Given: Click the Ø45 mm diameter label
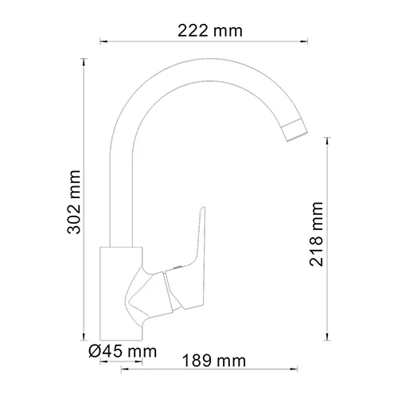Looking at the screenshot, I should click(123, 350).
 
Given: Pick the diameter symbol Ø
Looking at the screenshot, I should click(94, 350).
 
